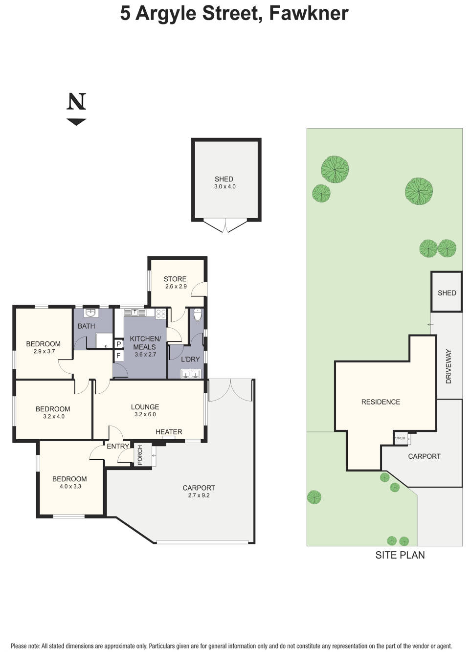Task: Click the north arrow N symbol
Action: (x=76, y=102)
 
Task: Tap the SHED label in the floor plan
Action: (x=224, y=179)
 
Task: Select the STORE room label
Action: (x=175, y=279)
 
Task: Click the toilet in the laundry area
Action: (x=198, y=315)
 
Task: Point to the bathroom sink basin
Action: (x=90, y=313)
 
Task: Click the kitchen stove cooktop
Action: (x=161, y=314)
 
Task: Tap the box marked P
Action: (x=118, y=344)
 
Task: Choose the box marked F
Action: (x=118, y=356)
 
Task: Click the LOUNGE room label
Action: (x=145, y=406)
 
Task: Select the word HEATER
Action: (x=169, y=432)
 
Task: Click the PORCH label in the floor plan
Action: (x=140, y=455)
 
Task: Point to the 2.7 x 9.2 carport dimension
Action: (x=199, y=495)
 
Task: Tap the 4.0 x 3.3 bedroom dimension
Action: (x=69, y=487)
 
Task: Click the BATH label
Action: (x=86, y=326)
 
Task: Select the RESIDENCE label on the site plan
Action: (x=381, y=402)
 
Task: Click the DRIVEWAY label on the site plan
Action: (x=449, y=366)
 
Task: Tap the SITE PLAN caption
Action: (x=400, y=555)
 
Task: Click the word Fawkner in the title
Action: (x=309, y=13)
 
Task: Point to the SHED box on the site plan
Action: (x=447, y=292)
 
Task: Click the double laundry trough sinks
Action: (x=190, y=374)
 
